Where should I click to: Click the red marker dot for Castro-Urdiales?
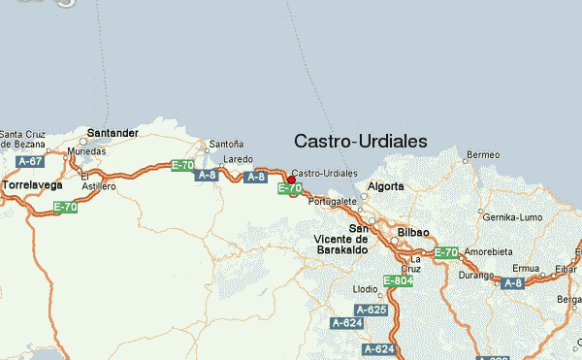(291, 180)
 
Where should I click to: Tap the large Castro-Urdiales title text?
(360, 141)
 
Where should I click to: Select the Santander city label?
(113, 132)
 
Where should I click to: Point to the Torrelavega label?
(32, 183)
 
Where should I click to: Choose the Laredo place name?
(238, 158)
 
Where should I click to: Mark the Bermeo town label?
(482, 154)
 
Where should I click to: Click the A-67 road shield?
(30, 161)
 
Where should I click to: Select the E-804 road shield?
(399, 280)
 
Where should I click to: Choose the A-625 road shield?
(372, 310)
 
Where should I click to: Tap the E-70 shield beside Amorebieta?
(445, 252)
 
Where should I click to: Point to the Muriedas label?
(85, 151)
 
